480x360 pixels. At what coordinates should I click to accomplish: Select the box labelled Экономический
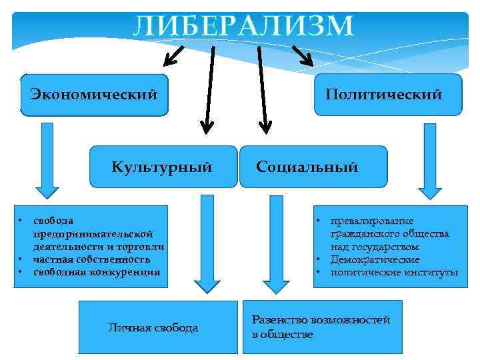click(94, 94)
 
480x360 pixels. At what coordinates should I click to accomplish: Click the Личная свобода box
click(157, 327)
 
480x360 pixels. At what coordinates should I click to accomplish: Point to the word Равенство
click(277, 321)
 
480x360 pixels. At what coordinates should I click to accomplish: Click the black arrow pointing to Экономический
click(174, 56)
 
